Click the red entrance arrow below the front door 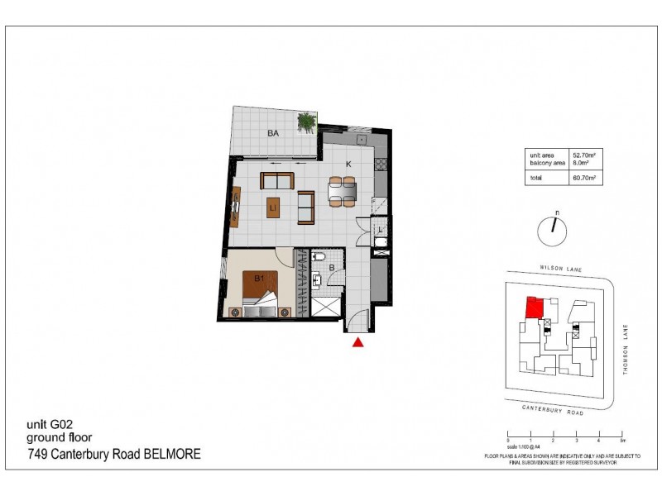(358, 342)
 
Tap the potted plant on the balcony (308, 122)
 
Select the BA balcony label (272, 132)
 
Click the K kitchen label (348, 165)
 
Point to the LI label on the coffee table (272, 209)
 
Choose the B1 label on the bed (259, 279)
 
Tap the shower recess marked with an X (324, 306)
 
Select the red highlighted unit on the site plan (534, 308)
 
